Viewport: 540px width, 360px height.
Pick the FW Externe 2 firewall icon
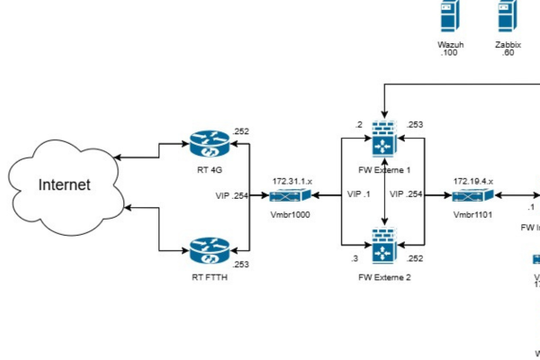point(385,246)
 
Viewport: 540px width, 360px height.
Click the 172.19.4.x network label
point(472,181)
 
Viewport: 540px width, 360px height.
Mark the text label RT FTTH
point(211,278)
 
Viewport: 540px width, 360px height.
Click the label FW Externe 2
point(384,278)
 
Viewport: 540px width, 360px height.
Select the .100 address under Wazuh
point(447,54)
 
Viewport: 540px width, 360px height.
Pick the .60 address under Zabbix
point(508,54)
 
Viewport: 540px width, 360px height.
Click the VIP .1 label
point(357,194)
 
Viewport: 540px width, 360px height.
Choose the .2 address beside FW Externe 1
point(358,125)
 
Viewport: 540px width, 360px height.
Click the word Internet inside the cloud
point(64,185)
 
